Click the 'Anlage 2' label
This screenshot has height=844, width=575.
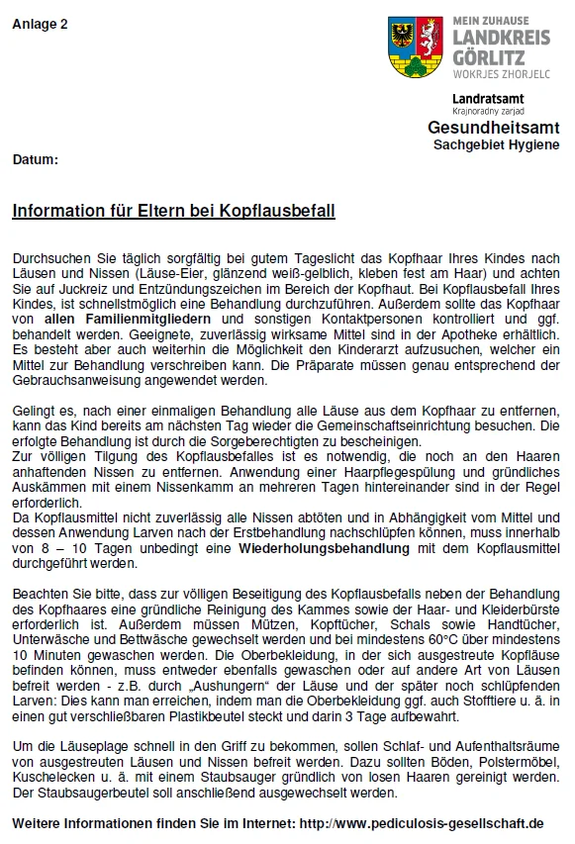point(40,25)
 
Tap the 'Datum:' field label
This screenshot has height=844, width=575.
point(36,158)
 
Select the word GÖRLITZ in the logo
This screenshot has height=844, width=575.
point(487,54)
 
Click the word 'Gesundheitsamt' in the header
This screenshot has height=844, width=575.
point(493,129)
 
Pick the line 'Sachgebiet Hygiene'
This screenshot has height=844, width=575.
point(496,145)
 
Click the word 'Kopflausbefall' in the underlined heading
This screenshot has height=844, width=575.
point(287,211)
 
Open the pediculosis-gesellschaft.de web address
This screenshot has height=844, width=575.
point(422,823)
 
